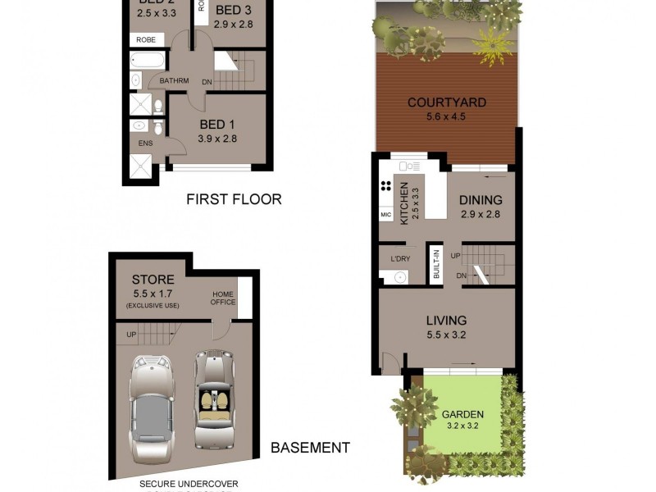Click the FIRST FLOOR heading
click(234, 199)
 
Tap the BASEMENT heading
click(310, 448)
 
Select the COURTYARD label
click(447, 103)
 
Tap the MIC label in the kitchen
click(386, 215)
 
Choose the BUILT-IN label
click(436, 265)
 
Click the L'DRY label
click(400, 259)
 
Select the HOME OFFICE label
click(223, 298)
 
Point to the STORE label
click(153, 280)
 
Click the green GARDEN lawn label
click(463, 414)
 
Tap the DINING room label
click(480, 200)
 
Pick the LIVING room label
click(446, 321)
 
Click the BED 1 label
click(217, 125)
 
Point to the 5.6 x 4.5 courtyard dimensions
click(447, 117)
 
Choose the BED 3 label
click(234, 10)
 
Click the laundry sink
click(401, 276)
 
